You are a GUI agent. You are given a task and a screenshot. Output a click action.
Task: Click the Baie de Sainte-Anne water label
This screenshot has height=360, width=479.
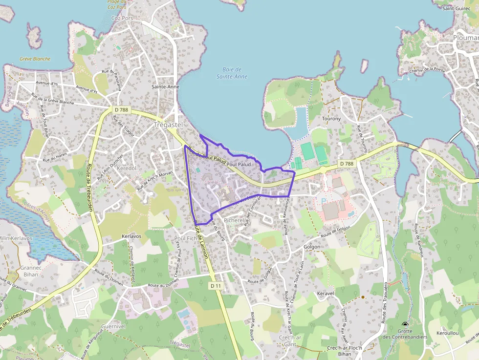[231, 73]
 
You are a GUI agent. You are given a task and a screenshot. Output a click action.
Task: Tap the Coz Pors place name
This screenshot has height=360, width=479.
[122, 18]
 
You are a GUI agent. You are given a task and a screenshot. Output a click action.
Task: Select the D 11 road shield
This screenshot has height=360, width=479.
[216, 285]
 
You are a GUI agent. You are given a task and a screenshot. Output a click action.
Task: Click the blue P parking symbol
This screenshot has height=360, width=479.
[323, 201]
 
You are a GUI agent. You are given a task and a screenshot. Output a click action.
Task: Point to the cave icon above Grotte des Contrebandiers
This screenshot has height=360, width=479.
[405, 325]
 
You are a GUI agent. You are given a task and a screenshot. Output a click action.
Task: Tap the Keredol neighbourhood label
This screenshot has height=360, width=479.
[126, 168]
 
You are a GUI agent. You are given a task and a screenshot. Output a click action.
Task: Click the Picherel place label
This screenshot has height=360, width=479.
[233, 220]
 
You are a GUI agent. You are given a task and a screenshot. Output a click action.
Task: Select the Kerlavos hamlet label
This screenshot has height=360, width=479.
[131, 236]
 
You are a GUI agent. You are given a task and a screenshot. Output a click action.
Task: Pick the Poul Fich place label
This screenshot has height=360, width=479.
[185, 238]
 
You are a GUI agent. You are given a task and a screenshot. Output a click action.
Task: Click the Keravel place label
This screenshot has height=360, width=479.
[325, 294]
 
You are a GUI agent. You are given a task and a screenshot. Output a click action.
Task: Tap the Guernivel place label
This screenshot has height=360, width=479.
[113, 326]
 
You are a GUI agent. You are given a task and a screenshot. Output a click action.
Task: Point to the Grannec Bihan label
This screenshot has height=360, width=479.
[30, 271]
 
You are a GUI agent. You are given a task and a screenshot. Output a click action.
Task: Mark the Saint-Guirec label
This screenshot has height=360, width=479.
[456, 8]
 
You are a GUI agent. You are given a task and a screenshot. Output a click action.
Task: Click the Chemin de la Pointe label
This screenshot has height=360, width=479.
[427, 70]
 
